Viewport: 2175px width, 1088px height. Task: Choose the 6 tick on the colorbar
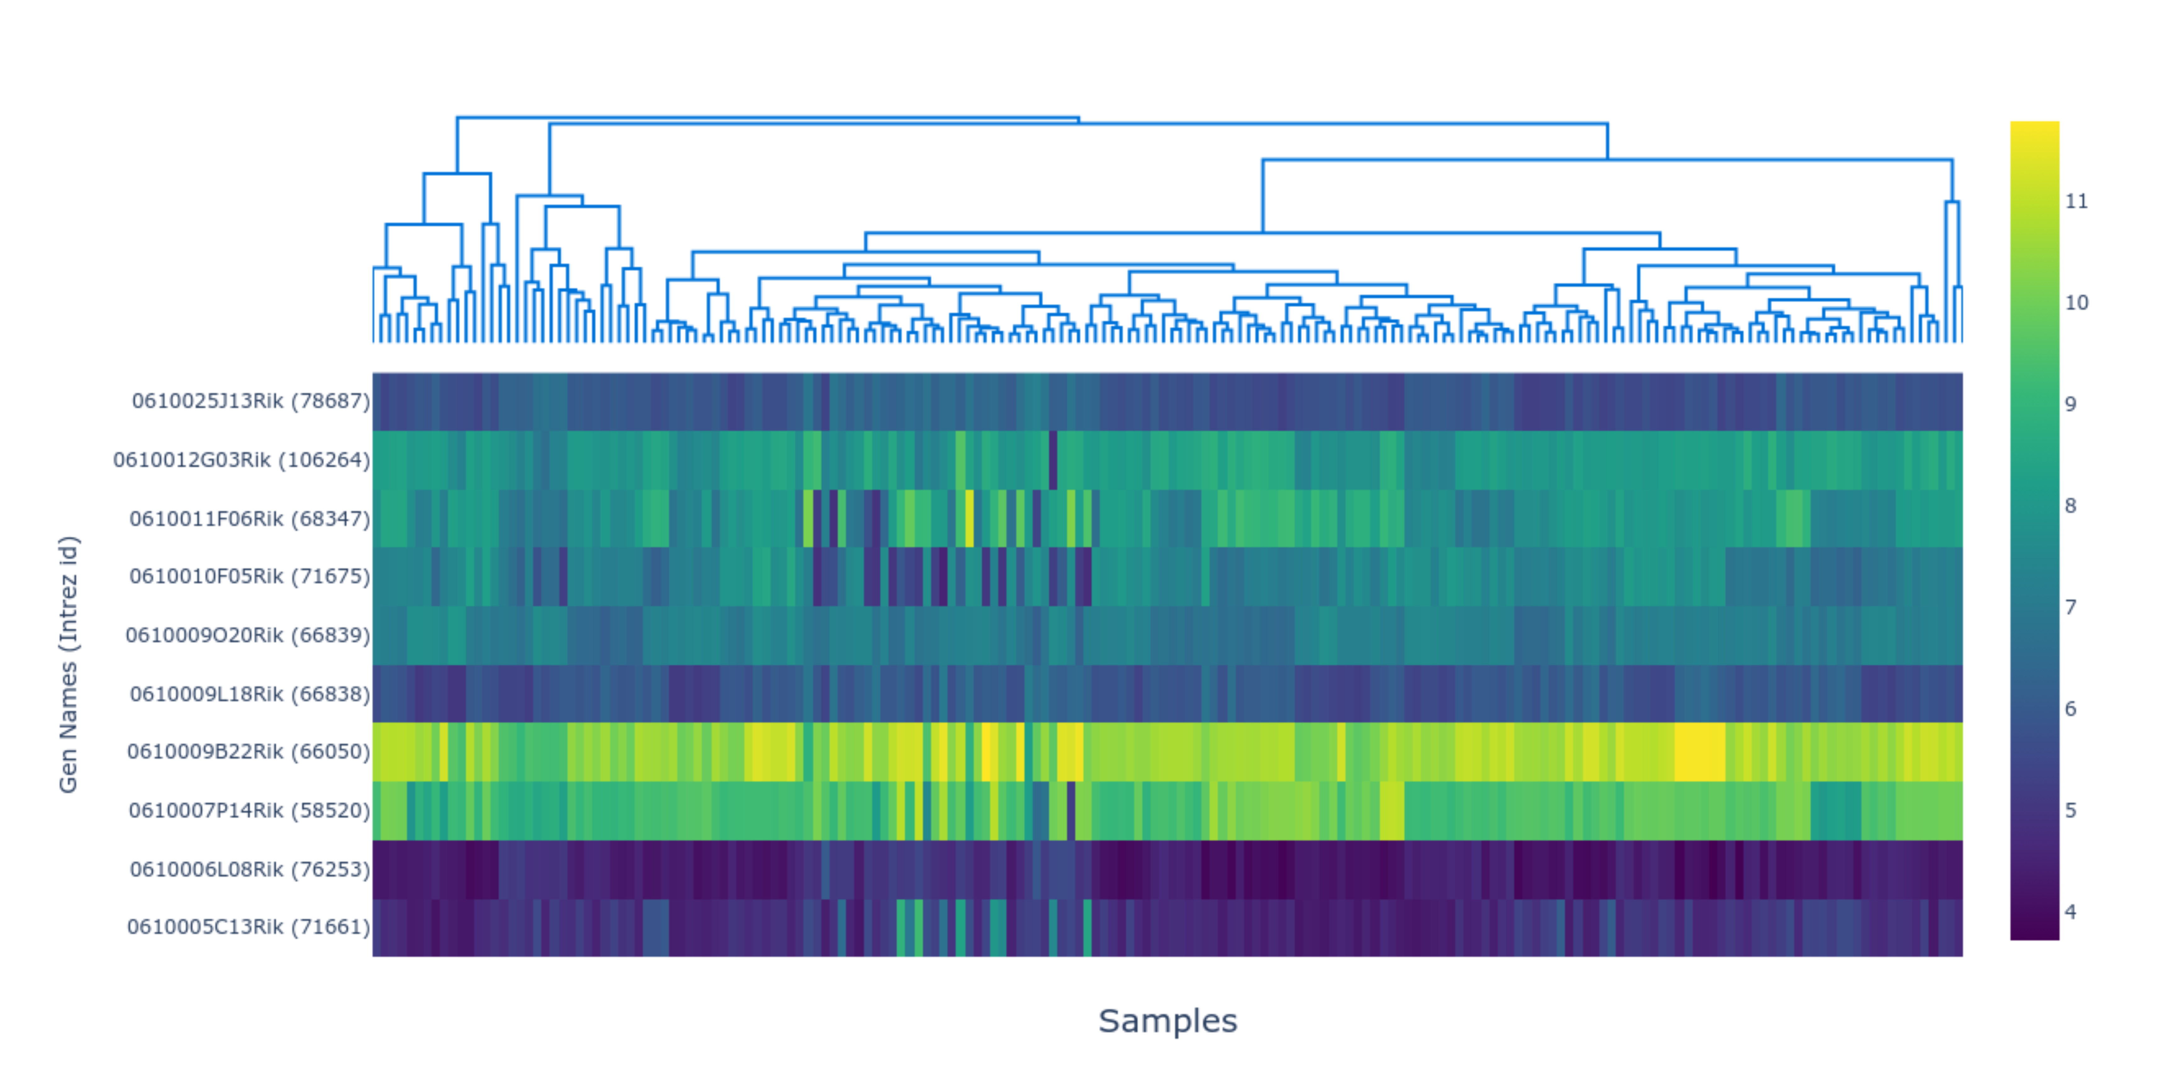[x=2070, y=709]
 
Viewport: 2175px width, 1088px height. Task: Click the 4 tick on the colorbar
[x=2070, y=911]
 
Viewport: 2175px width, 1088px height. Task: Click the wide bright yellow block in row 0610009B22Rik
[x=1700, y=752]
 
